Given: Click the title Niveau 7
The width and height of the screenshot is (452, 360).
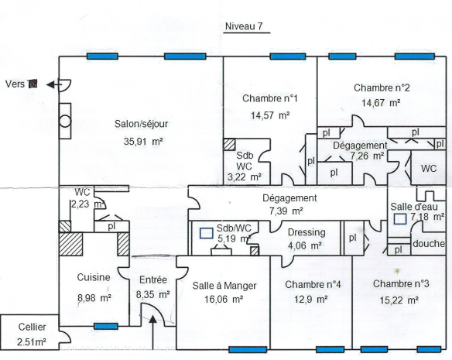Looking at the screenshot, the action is coord(244,26).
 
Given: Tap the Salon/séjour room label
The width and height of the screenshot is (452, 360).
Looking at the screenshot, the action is coord(141,124).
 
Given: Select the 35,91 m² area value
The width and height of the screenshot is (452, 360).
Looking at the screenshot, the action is coord(143,142).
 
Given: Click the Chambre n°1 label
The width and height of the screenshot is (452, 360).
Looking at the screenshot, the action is coord(270,98).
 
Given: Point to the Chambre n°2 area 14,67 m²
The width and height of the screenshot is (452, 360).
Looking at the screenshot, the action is coord(381,103).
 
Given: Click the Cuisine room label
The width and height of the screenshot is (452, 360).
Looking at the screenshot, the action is coord(94,277).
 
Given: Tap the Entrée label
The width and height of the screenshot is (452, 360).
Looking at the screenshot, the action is coord(153,279).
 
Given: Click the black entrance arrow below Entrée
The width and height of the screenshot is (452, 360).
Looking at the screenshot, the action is coord(152,331).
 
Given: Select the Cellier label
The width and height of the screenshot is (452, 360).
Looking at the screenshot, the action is coord(32,327).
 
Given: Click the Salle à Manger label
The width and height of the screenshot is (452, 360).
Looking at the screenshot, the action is coord(224,286).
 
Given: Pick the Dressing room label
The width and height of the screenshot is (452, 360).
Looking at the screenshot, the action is coord(306,232).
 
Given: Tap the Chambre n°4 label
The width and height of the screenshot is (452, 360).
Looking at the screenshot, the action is coord(313,284).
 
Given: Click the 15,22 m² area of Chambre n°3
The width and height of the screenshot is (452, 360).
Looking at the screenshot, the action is coord(399,300).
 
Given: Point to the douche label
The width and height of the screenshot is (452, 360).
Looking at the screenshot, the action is coord(429,244).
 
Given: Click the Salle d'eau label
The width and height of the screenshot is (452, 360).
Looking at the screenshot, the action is coord(414,207).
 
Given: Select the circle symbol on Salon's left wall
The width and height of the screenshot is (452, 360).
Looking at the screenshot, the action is coord(65,121).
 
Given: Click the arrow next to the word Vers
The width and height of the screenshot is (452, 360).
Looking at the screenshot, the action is coord(54,85).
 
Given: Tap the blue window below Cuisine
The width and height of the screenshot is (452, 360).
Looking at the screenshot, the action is coord(106,327).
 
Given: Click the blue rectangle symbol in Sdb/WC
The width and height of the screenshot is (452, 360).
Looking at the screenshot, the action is coord(207,233).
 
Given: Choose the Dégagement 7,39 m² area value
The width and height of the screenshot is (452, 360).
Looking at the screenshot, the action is coord(286,211).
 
